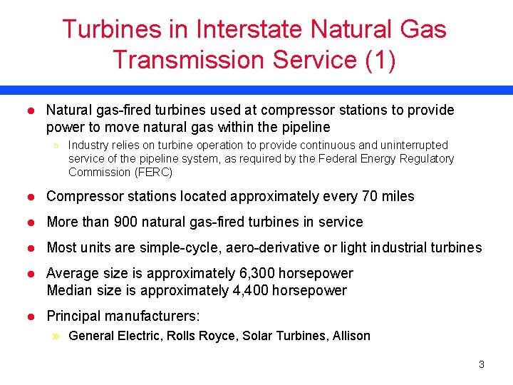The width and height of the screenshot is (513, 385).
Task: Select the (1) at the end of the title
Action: (380, 59)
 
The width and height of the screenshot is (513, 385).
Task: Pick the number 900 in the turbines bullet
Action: (126, 222)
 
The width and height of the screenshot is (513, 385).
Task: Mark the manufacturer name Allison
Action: (351, 336)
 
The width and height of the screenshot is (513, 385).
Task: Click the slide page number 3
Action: (481, 364)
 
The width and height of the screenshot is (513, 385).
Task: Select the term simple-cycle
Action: (161, 247)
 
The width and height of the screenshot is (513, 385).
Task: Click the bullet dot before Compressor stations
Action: (30, 197)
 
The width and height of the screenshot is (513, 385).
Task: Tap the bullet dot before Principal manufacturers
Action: (30, 317)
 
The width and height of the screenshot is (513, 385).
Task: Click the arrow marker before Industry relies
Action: (56, 145)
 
